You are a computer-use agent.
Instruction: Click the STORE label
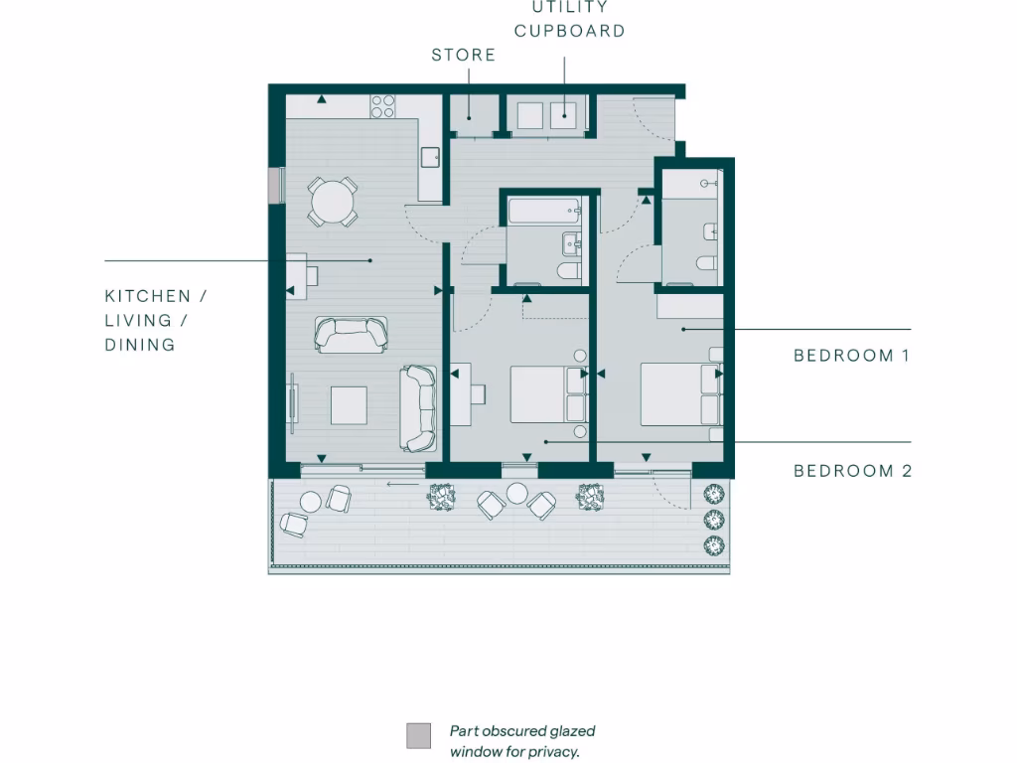(x=463, y=55)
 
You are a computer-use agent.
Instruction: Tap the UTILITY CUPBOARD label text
(x=569, y=19)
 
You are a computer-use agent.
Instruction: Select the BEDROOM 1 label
(x=851, y=355)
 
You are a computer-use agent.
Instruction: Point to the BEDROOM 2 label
(x=852, y=471)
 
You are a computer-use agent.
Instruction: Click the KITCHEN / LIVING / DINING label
(x=155, y=320)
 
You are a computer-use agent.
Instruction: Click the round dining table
(x=332, y=204)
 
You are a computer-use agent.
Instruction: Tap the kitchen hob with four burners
(x=383, y=105)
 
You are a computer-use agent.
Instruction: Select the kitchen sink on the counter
(x=431, y=157)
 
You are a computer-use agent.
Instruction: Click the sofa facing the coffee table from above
(x=351, y=334)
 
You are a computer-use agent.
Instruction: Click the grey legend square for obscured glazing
(x=419, y=736)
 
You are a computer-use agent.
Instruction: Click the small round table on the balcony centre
(x=516, y=493)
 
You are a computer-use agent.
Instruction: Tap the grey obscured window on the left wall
(x=275, y=186)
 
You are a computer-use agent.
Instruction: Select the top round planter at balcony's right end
(x=713, y=494)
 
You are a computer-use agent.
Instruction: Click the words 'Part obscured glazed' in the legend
(x=522, y=731)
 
